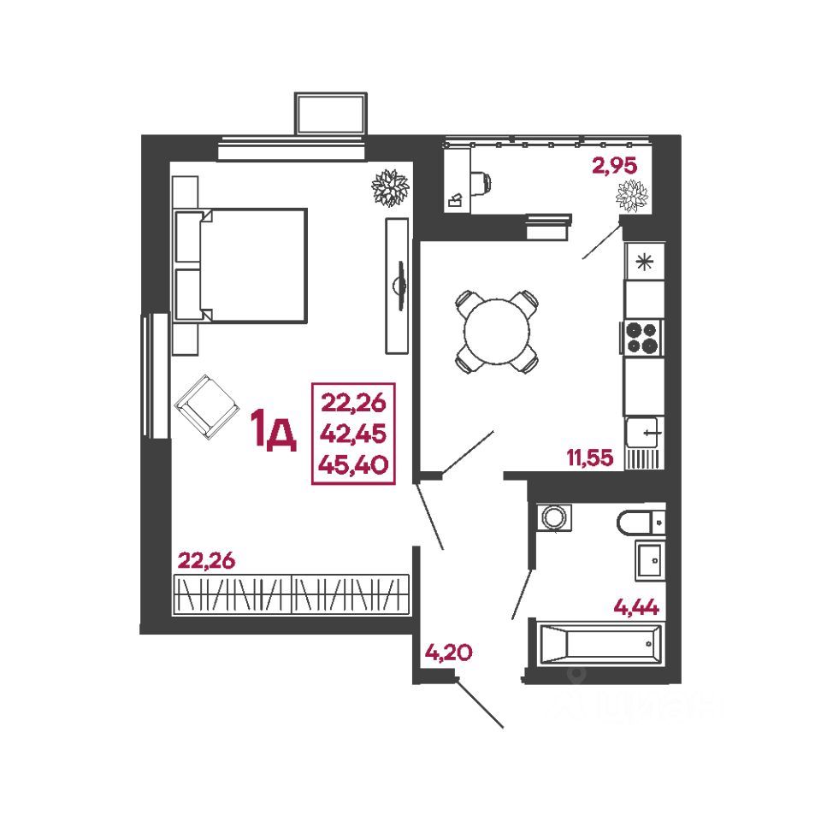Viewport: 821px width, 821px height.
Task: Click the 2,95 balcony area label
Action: click(x=615, y=166)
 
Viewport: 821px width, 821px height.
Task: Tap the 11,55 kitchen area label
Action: click(x=589, y=458)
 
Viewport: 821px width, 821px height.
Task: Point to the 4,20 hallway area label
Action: click(x=447, y=654)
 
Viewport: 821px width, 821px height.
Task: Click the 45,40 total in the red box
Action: click(x=353, y=464)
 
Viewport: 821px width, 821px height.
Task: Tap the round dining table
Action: click(x=496, y=330)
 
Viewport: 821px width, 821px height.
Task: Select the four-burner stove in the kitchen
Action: click(x=644, y=336)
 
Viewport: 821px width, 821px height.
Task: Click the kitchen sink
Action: click(x=644, y=433)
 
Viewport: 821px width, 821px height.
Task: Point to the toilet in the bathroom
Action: click(x=640, y=519)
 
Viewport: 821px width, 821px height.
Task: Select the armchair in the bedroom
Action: click(x=206, y=405)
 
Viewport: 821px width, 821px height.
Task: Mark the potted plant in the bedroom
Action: click(x=390, y=187)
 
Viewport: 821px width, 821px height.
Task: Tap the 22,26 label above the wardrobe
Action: click(x=205, y=560)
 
